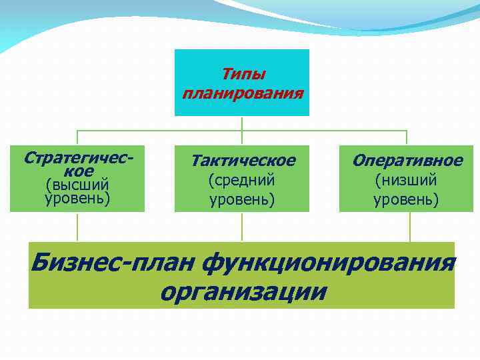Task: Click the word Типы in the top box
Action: point(243,73)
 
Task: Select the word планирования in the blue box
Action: point(243,91)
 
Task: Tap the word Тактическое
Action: point(243,161)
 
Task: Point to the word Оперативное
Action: point(407,161)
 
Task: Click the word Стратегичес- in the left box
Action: point(77,158)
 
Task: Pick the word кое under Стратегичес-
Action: point(77,171)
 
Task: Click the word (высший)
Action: point(77,185)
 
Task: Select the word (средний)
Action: point(243,179)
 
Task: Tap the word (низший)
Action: point(407,179)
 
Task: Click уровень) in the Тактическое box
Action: point(243,199)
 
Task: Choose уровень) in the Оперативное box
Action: point(407,199)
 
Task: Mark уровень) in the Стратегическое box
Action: point(77,198)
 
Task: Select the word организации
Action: point(243,291)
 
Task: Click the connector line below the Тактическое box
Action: point(242,227)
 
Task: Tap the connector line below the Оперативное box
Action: point(410,227)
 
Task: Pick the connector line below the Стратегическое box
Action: point(77,227)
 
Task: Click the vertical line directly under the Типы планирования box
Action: point(242,123)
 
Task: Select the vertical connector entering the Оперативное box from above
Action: point(407,137)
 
